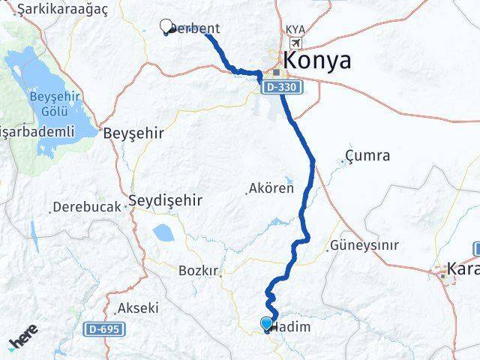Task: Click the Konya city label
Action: (316, 61)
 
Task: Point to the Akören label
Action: (271, 188)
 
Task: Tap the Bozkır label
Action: (197, 270)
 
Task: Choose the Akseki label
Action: (138, 307)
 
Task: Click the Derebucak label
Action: (88, 206)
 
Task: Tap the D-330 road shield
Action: (282, 88)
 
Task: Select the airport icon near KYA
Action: (296, 43)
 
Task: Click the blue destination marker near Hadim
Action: (266, 323)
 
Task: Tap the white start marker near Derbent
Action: (166, 26)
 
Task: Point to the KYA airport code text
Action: (295, 30)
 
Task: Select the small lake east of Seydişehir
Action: (163, 232)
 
